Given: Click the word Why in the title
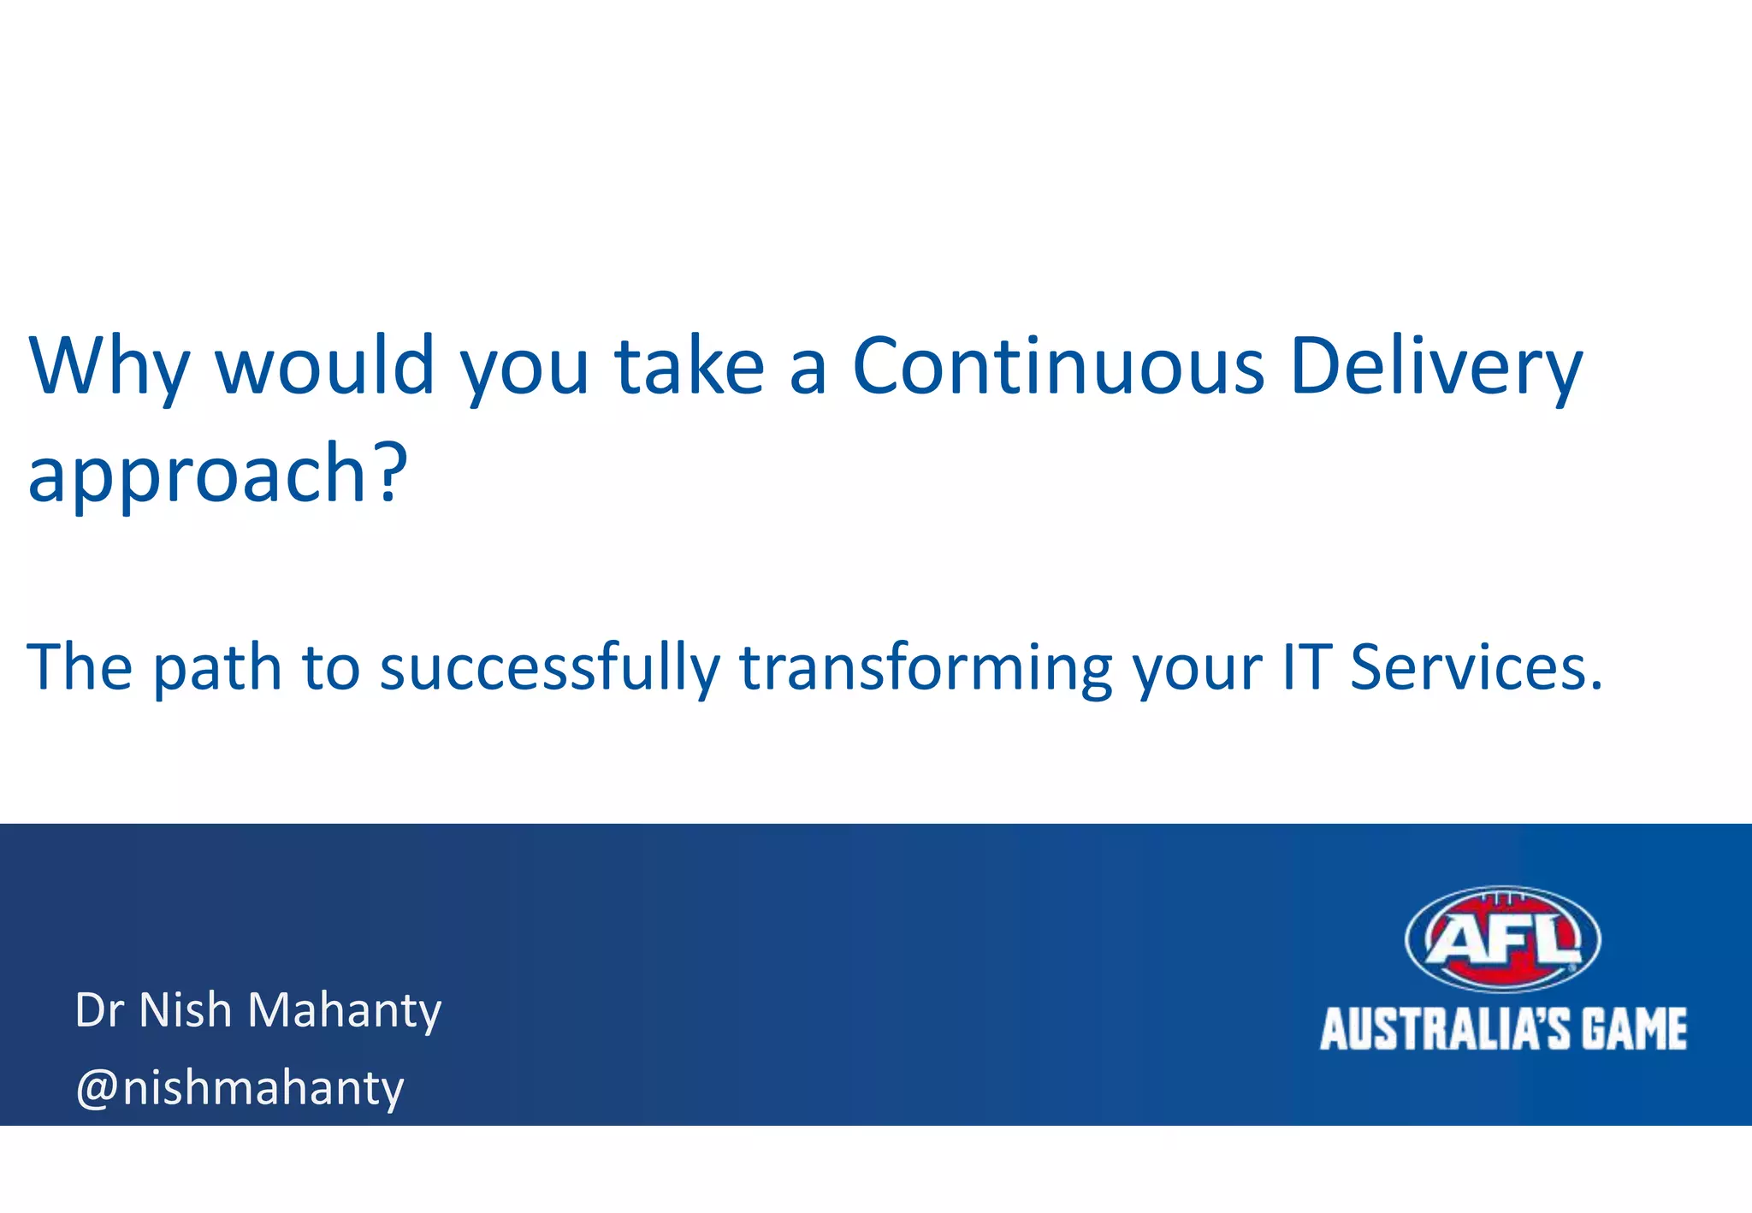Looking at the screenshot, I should (x=109, y=368).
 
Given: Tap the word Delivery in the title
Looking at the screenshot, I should (x=1436, y=368).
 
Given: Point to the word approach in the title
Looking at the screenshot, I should (x=199, y=476).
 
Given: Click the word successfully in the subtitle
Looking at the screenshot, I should (x=550, y=668).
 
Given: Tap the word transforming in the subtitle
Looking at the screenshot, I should (x=926, y=668).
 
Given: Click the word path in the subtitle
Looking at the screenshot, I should (x=217, y=668).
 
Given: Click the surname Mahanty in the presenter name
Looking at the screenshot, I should (x=344, y=1012).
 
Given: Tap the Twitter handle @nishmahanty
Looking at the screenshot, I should (x=240, y=1088).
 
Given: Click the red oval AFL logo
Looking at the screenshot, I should (x=1503, y=939).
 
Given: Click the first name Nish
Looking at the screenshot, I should (x=185, y=1010).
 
